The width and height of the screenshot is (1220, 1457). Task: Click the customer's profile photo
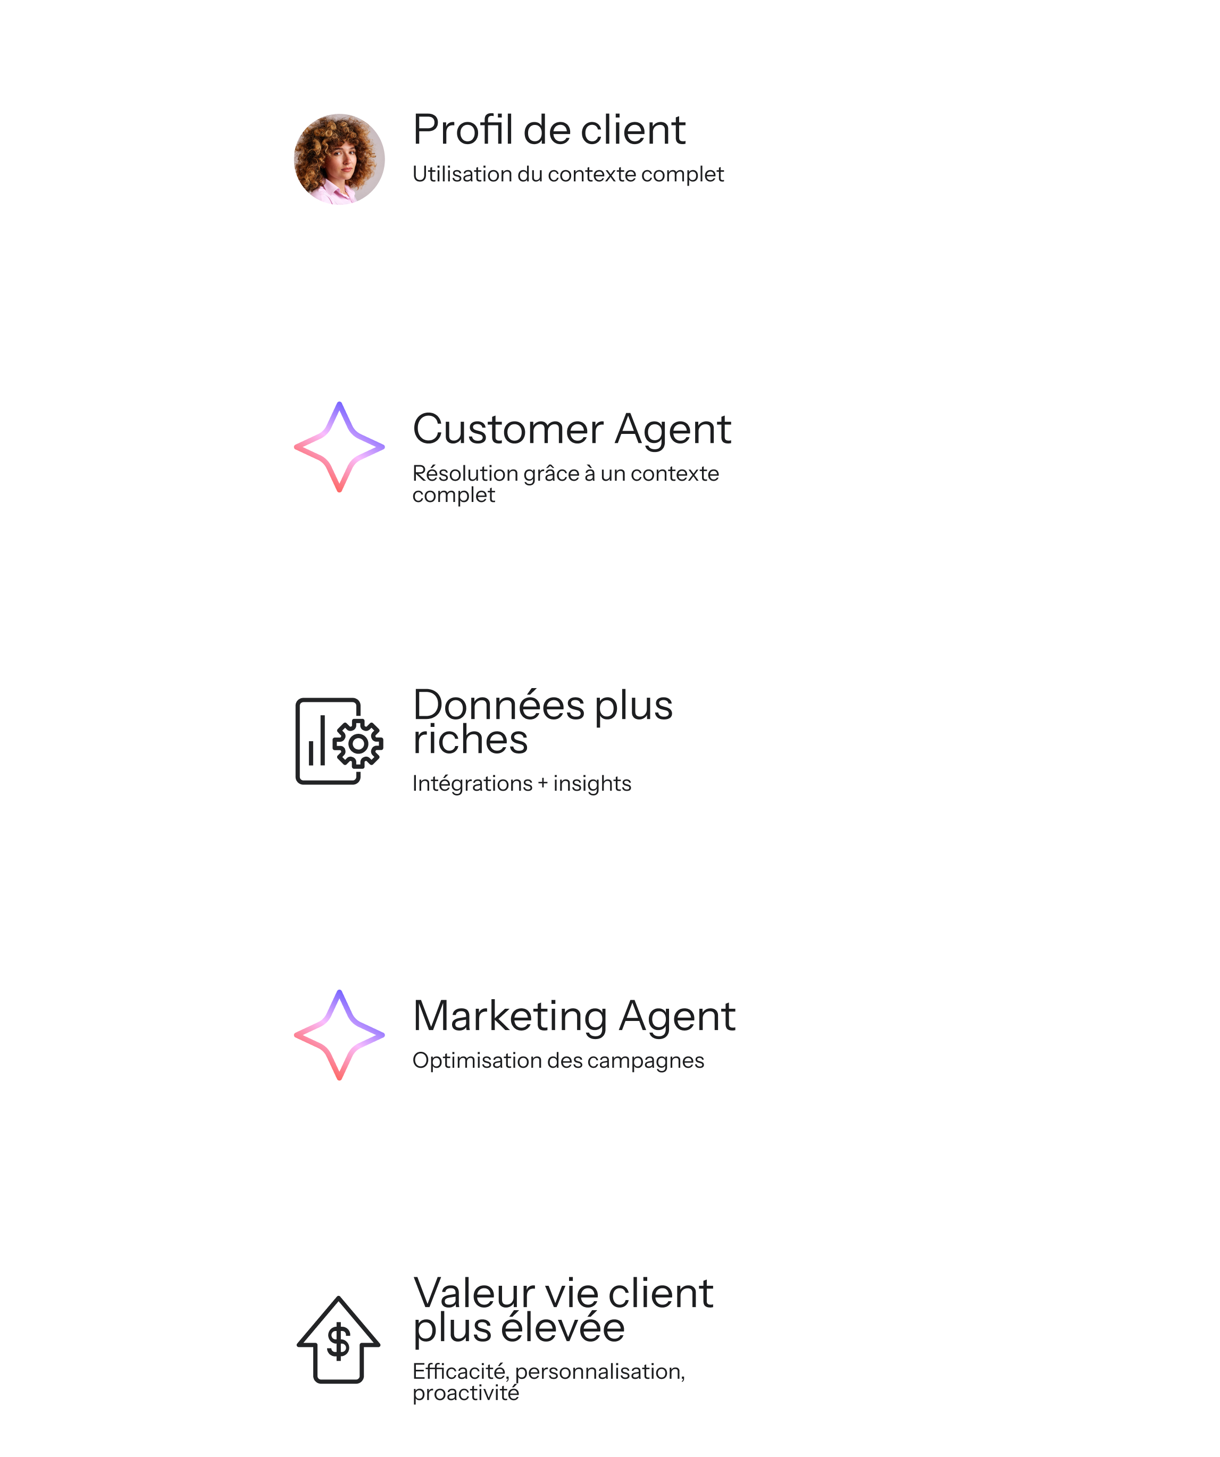pyautogui.click(x=339, y=159)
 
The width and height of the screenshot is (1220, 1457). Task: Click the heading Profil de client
pyautogui.click(x=548, y=130)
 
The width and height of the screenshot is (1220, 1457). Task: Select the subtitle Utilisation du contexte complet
pyautogui.click(x=567, y=174)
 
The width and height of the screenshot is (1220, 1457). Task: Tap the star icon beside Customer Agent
pyautogui.click(x=339, y=447)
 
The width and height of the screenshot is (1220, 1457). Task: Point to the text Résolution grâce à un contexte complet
pyautogui.click(x=565, y=483)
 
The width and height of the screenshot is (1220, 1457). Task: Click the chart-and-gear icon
pyautogui.click(x=339, y=741)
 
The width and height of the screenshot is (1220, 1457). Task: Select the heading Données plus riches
pyautogui.click(x=542, y=722)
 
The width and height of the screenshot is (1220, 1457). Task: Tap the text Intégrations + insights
pyautogui.click(x=521, y=783)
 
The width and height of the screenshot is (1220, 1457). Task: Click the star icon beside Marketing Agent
pyautogui.click(x=339, y=1034)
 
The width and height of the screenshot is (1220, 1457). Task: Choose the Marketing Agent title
pyautogui.click(x=573, y=1016)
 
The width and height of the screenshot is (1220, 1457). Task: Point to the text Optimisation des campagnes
pyautogui.click(x=558, y=1060)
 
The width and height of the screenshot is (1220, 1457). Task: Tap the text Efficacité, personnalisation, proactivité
pyautogui.click(x=548, y=1381)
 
